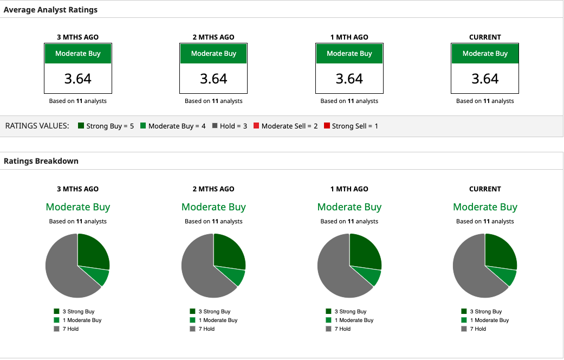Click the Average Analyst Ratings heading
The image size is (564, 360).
point(50,10)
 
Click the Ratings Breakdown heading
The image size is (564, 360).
point(41,161)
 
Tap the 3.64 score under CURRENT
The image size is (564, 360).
point(485,79)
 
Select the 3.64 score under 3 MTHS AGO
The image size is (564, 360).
point(78,79)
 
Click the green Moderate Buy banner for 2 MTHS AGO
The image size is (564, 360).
point(213,54)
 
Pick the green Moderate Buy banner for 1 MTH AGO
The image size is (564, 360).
point(349,54)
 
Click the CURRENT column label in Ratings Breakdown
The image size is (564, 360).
point(485,189)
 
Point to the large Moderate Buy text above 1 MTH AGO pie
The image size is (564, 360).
point(349,207)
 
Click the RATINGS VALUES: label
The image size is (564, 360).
point(37,126)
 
